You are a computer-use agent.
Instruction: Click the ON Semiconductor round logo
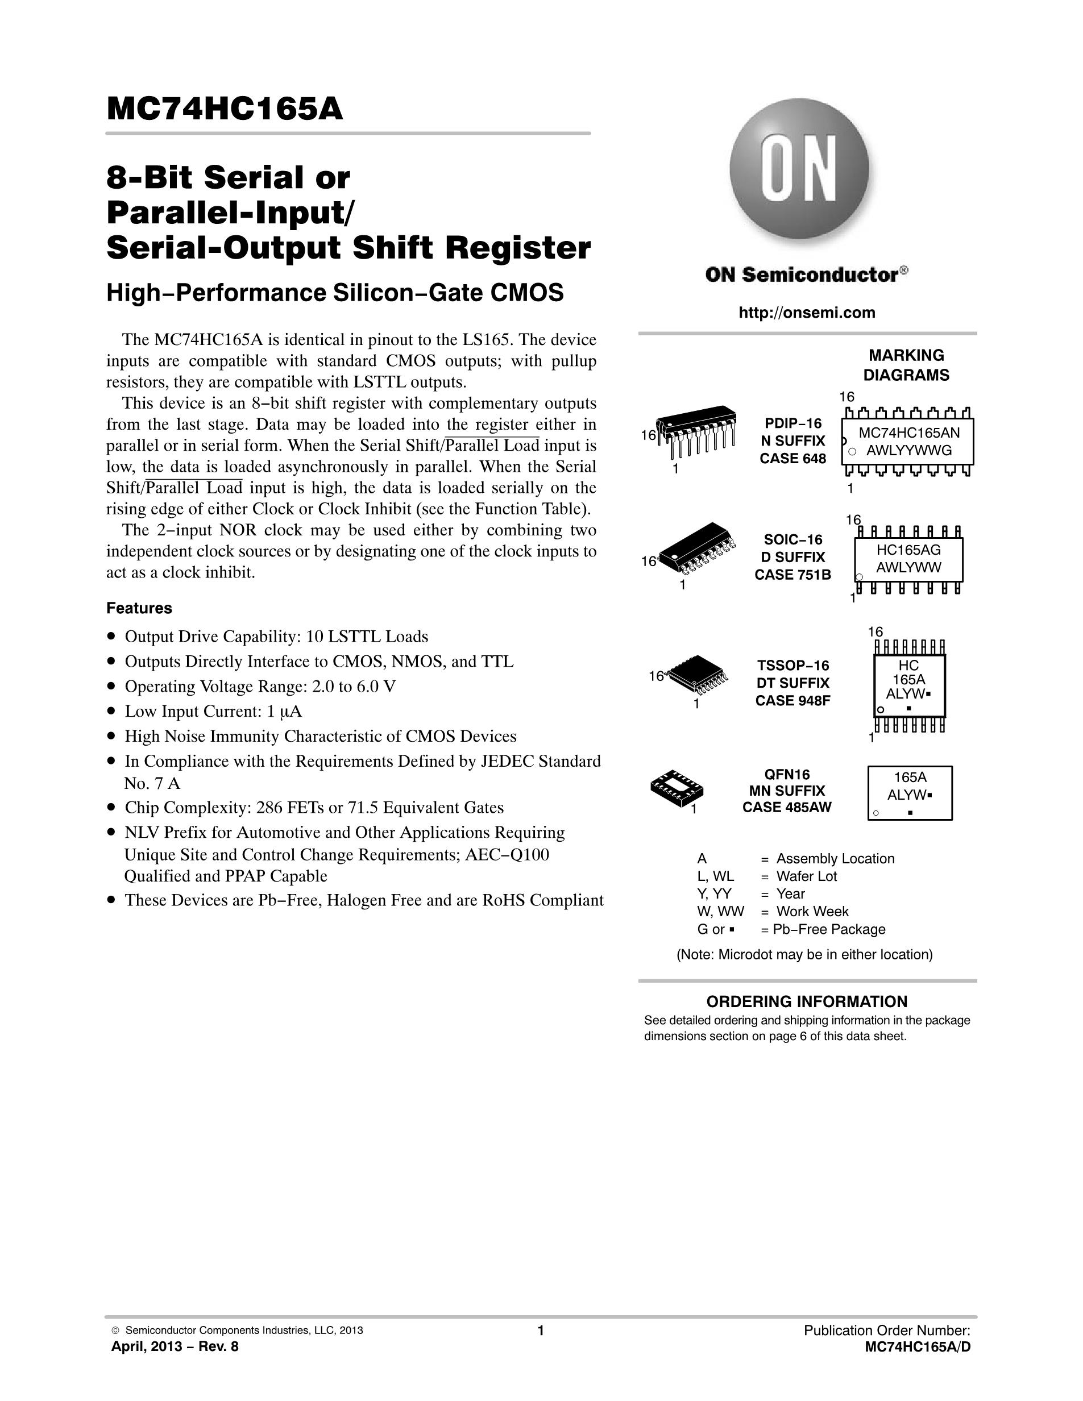point(799,168)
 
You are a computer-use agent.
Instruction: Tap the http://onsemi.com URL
point(807,313)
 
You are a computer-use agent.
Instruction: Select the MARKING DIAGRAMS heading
point(906,365)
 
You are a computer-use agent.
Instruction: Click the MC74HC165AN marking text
point(909,433)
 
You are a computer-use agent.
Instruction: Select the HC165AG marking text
point(908,549)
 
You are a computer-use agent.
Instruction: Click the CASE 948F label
point(793,700)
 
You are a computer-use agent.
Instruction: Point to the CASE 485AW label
point(787,808)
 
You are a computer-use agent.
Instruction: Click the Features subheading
point(139,608)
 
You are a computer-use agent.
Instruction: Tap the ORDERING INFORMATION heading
point(807,1001)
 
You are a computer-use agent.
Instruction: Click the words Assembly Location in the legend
point(835,858)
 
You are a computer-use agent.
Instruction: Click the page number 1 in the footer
point(541,1331)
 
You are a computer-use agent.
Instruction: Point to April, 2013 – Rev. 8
point(175,1346)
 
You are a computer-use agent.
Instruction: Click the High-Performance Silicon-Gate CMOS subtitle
point(335,293)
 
